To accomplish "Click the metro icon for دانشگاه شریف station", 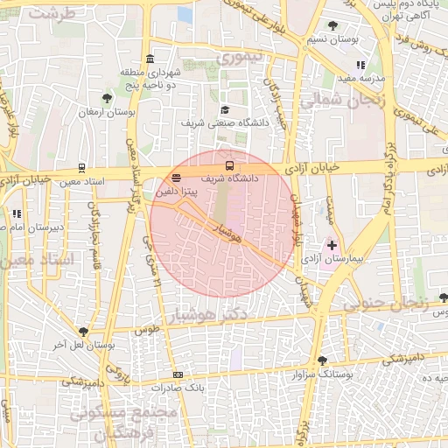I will [x=230, y=164].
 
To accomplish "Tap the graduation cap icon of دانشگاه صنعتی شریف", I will [x=225, y=109].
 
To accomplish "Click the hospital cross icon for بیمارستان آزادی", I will [x=331, y=246].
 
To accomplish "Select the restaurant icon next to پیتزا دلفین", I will [x=178, y=178].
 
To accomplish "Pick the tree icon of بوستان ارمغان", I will [x=107, y=98].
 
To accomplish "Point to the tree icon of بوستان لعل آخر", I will [x=83, y=332].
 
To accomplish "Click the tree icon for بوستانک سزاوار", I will [x=322, y=360].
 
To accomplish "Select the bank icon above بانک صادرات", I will [x=178, y=374].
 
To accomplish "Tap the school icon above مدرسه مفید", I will [x=360, y=65].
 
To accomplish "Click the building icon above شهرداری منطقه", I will [x=150, y=59].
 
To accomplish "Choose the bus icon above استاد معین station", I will [x=81, y=168].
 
